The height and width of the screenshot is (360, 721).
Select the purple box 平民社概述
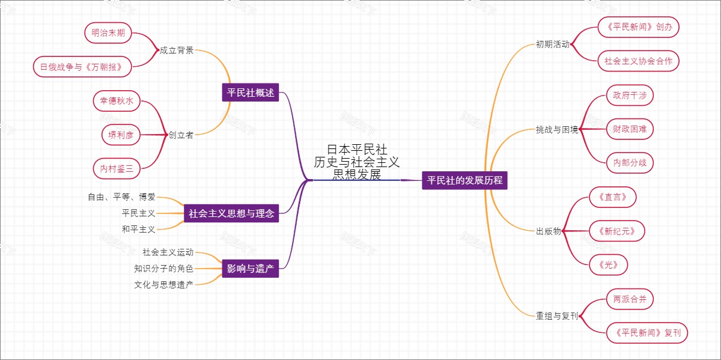click(x=251, y=93)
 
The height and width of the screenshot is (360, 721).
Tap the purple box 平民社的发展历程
click(x=464, y=180)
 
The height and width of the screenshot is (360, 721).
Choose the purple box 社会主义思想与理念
click(x=231, y=213)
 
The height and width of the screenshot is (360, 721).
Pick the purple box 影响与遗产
click(x=251, y=269)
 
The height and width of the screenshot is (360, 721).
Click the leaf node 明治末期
click(x=108, y=34)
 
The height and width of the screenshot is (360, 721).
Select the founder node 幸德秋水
click(x=117, y=101)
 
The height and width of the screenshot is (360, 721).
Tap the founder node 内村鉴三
click(x=117, y=169)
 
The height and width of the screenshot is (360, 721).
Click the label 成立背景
click(x=177, y=50)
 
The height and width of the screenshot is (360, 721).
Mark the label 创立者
click(x=181, y=135)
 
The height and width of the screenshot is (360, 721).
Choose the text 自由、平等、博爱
click(x=121, y=197)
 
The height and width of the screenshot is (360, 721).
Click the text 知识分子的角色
click(x=163, y=268)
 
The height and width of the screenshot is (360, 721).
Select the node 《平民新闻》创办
click(x=639, y=27)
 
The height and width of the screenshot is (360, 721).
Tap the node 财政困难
click(x=629, y=129)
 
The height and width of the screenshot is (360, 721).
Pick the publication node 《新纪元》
click(x=612, y=231)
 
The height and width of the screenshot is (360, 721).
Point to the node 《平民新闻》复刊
click(x=646, y=332)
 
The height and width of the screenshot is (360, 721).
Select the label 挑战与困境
click(x=557, y=129)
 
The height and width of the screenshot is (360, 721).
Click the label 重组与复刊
click(x=557, y=316)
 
